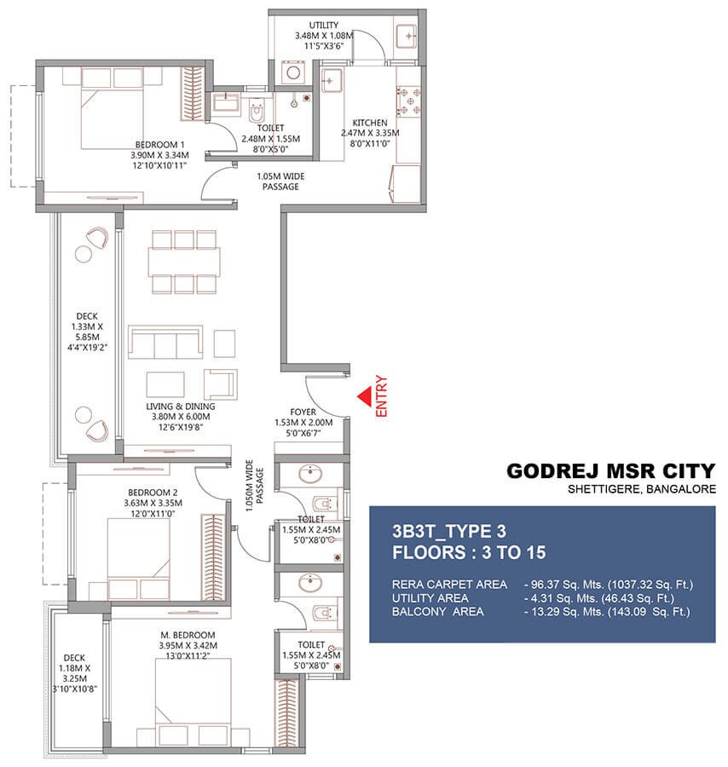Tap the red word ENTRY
pyautogui.click(x=381, y=397)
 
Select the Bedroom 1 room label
pyautogui.click(x=162, y=144)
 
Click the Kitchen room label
pyautogui.click(x=370, y=124)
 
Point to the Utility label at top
pyautogui.click(x=323, y=25)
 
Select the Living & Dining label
pyautogui.click(x=180, y=407)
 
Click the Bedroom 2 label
pyautogui.click(x=153, y=493)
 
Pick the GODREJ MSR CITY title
pyautogui.click(x=610, y=471)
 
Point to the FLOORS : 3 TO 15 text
pyautogui.click(x=468, y=552)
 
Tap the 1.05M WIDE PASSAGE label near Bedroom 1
pyautogui.click(x=280, y=182)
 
